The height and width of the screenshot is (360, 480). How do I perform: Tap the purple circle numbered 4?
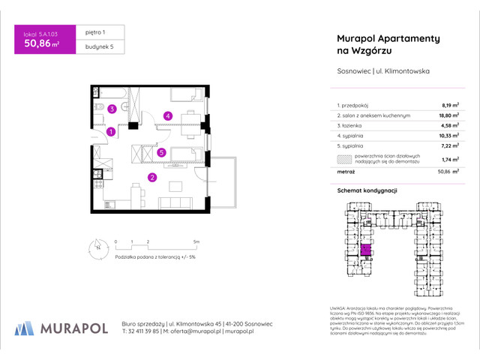pos(169,115)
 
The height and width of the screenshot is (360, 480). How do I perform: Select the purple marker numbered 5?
pos(161,152)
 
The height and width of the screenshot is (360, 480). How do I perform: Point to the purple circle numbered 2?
pos(151,178)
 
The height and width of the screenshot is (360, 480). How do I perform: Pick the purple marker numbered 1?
pos(111,132)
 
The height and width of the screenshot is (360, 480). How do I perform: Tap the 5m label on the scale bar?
pos(195,241)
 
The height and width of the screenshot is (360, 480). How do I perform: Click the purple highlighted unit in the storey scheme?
pos(367,250)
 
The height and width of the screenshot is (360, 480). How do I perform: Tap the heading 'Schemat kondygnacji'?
pos(366,192)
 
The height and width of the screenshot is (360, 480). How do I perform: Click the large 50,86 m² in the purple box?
pos(42,43)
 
